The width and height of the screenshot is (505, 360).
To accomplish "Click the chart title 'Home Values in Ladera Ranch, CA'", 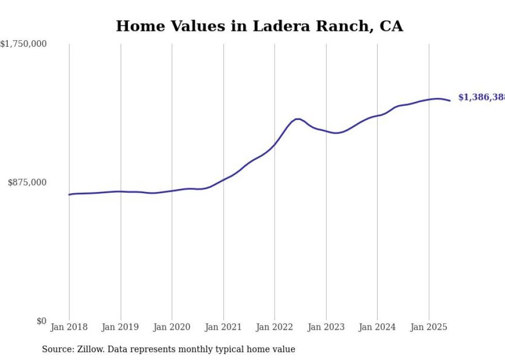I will [x=259, y=26].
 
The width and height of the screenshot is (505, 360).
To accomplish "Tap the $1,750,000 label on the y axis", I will [x=23, y=44].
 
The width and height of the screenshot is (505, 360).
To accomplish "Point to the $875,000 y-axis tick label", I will [x=27, y=182].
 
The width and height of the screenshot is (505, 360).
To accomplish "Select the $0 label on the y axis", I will [x=41, y=321].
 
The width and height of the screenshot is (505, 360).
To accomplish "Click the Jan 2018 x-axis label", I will [x=69, y=327].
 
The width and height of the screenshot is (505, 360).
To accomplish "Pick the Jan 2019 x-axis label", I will [x=121, y=327].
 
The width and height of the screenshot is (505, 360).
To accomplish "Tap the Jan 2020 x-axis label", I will [x=172, y=327].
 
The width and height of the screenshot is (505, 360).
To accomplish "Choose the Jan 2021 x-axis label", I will [x=223, y=327].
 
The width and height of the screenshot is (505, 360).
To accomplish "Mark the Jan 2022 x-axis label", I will [x=275, y=327].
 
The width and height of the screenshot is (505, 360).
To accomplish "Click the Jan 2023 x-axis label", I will [x=326, y=327].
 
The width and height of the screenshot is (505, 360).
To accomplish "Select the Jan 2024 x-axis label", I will [x=377, y=327].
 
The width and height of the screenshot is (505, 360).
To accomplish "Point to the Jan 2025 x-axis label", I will [x=429, y=327].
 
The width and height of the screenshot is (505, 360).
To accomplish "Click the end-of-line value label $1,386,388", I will [x=481, y=97].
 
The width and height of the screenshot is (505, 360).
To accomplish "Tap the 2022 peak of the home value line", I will [x=298, y=119].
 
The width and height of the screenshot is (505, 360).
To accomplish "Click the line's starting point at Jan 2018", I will [x=69, y=195].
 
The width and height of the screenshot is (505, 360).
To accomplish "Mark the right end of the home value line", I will [x=450, y=100].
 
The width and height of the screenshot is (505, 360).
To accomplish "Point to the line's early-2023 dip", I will [x=336, y=133].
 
